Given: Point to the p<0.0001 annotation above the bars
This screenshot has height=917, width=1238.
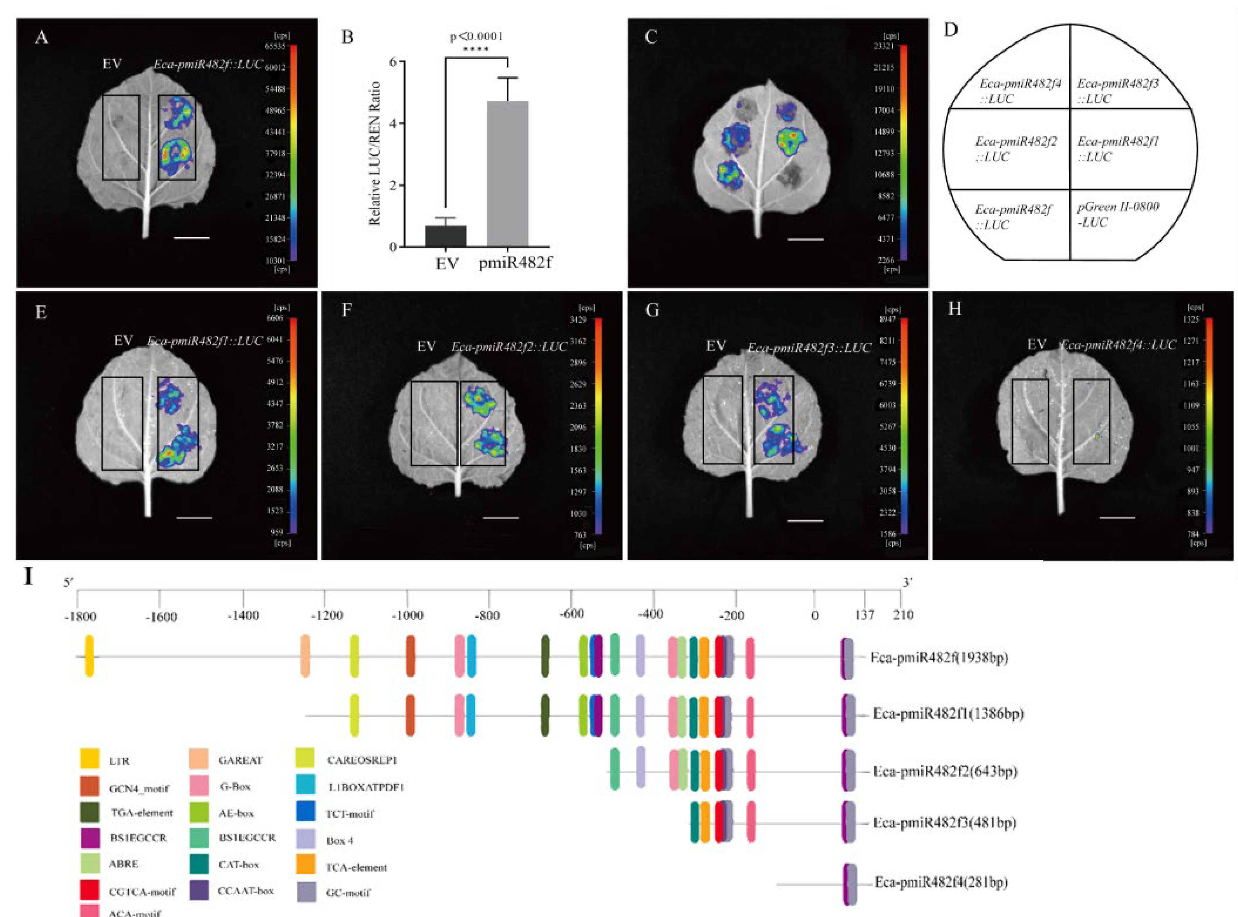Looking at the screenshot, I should [476, 37].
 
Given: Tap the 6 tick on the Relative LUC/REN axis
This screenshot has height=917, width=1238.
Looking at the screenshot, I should [393, 62].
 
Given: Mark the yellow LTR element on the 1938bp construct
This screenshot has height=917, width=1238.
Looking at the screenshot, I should [89, 656].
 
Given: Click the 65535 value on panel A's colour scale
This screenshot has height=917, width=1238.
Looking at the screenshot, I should [275, 47].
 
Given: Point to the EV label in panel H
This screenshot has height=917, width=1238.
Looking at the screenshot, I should [1036, 345].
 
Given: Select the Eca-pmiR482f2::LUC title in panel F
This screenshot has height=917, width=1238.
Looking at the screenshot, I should [508, 347].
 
